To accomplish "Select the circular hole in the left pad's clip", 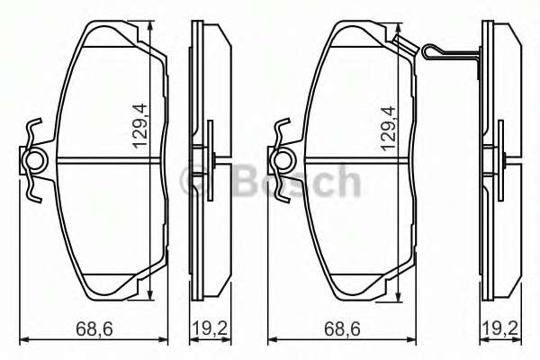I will (x=35, y=162).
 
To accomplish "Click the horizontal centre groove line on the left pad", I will (x=99, y=162).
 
